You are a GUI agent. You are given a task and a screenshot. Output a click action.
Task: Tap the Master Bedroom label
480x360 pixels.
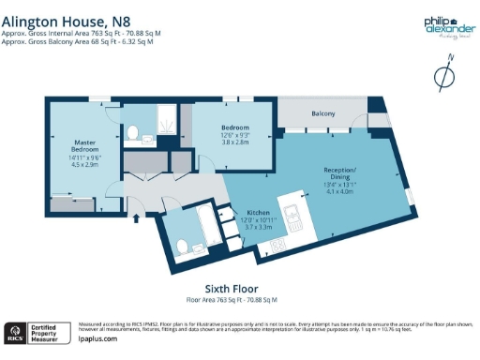pos(85,146)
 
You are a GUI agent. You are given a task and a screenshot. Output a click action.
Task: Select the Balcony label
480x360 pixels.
pos(322,114)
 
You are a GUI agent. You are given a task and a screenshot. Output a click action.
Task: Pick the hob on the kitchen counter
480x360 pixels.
pos(278,246)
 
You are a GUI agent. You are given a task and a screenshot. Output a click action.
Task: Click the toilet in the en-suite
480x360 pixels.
pos(135,136)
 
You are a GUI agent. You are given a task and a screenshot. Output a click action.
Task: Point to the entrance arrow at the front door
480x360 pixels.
pos(138,218)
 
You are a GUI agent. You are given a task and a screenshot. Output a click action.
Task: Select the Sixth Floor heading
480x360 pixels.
pos(231,289)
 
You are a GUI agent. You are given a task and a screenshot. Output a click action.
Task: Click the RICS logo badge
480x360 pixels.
pos(16,332)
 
